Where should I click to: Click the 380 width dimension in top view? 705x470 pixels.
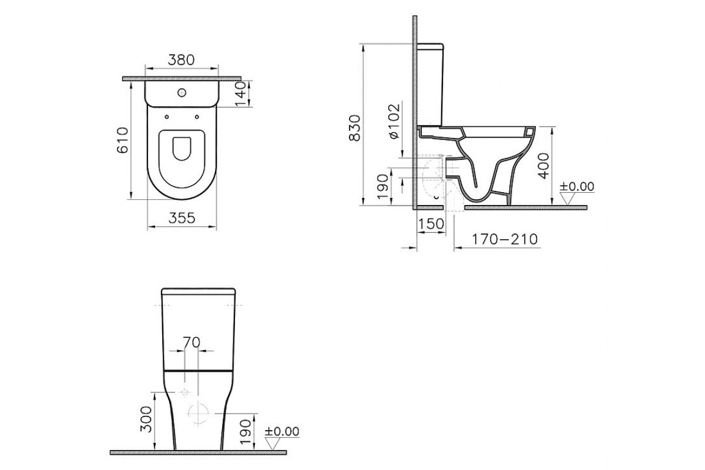[x=182, y=60]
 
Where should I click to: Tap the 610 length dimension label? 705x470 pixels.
[x=123, y=140]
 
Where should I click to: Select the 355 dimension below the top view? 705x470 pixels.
[x=182, y=218]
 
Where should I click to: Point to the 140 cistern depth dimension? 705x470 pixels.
[x=241, y=94]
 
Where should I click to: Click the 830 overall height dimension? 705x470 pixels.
[x=355, y=128]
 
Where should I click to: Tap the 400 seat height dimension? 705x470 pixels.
[x=543, y=166]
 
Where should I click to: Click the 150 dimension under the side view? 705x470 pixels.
[x=431, y=224]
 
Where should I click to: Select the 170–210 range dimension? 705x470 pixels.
[x=505, y=239]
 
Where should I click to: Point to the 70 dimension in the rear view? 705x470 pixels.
[x=192, y=342]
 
